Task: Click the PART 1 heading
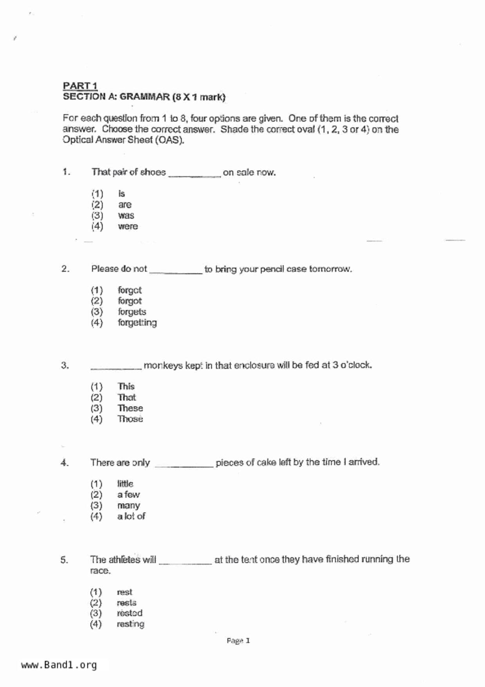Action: click(80, 85)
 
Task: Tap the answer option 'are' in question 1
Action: click(125, 205)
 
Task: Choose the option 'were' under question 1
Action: click(128, 226)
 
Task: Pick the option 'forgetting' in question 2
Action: click(137, 323)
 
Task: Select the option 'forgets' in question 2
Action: click(132, 312)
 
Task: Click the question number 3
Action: click(65, 365)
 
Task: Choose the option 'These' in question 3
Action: click(130, 408)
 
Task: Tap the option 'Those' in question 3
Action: click(130, 419)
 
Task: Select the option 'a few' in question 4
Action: click(128, 495)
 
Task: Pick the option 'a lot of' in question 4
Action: click(131, 516)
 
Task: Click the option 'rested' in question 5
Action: click(130, 613)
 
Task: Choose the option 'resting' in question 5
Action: click(130, 624)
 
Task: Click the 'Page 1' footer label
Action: click(238, 641)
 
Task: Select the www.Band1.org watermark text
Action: click(59, 665)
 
